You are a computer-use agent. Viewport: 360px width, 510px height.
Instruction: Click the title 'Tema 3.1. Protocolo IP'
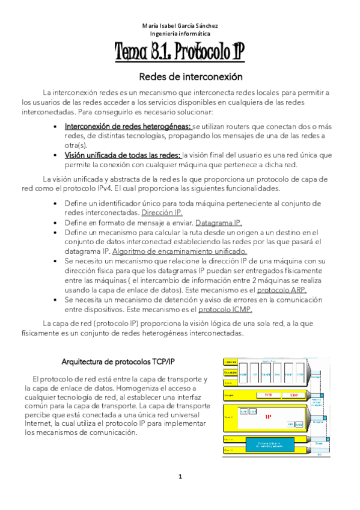[180, 53]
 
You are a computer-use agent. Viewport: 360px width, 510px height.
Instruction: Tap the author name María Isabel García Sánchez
[180, 26]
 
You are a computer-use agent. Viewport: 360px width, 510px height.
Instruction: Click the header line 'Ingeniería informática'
[180, 34]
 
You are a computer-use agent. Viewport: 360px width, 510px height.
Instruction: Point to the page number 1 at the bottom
[180, 478]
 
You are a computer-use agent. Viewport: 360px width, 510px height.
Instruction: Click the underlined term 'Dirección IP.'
[162, 213]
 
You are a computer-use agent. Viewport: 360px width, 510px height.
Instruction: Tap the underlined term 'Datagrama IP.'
[218, 223]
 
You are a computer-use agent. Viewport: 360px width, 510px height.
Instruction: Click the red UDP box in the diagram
[294, 395]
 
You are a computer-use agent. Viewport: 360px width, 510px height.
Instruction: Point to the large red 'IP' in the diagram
[268, 416]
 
